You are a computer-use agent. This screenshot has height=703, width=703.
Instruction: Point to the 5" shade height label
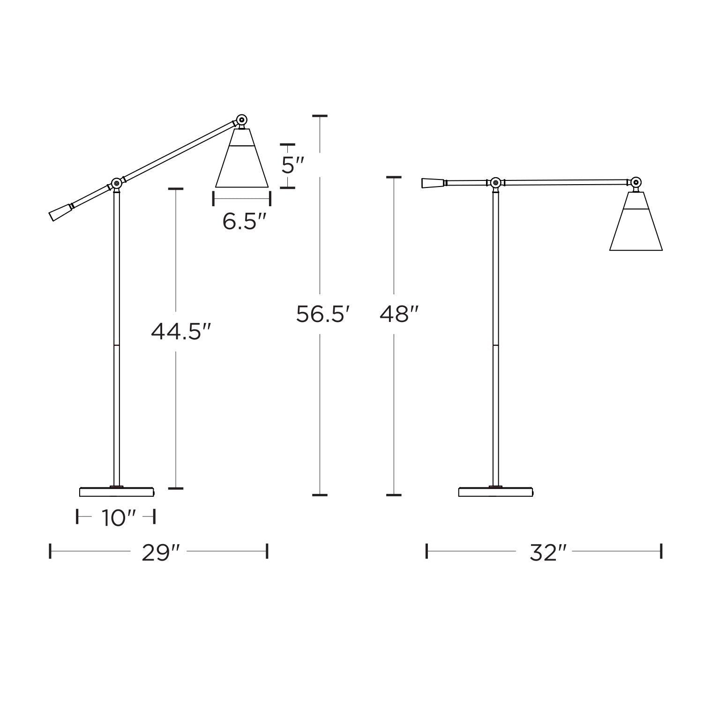(x=293, y=165)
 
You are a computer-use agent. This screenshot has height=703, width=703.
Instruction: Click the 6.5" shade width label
(x=244, y=221)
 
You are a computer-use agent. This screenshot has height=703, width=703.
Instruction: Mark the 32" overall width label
(x=548, y=553)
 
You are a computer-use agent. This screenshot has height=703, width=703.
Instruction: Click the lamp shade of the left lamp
(x=242, y=157)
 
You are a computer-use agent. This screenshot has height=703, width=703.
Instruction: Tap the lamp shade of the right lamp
(x=636, y=221)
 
